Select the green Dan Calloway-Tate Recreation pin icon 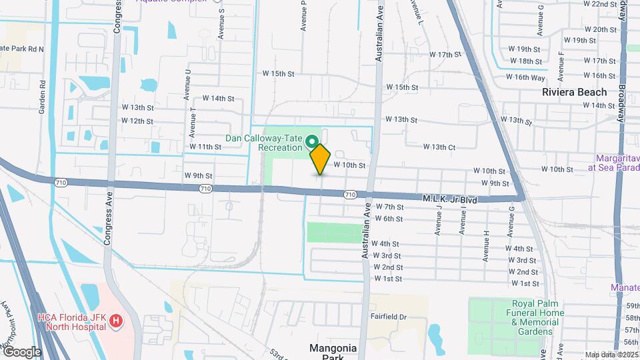(x=311, y=141)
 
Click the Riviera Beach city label (x=574, y=92)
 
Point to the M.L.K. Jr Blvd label (x=451, y=199)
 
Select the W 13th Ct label (x=439, y=147)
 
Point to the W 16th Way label (x=525, y=77)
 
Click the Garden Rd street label (x=42, y=98)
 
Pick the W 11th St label (x=205, y=147)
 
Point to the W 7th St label (x=389, y=207)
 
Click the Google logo (x=21, y=352)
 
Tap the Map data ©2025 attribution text (x=612, y=355)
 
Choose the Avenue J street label (x=438, y=219)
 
